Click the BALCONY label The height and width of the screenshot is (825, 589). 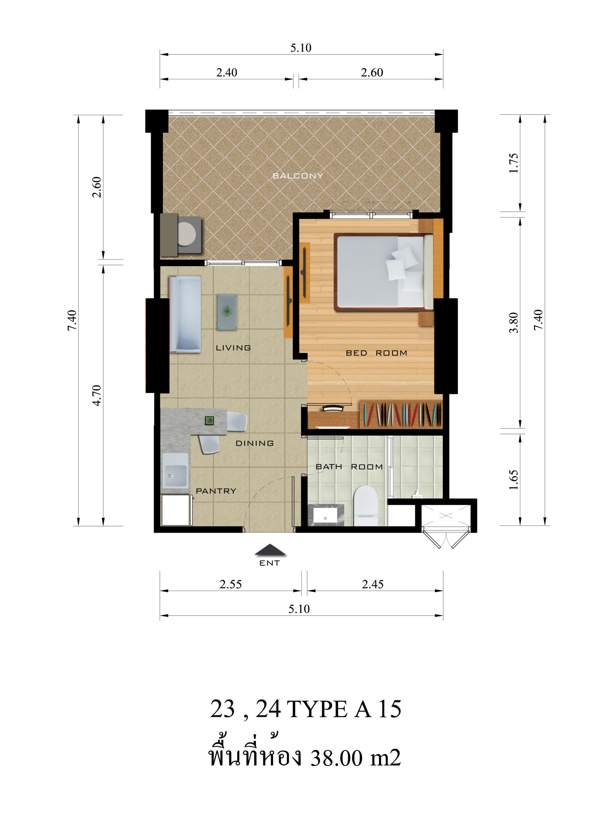(x=297, y=176)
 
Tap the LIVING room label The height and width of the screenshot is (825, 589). (x=233, y=348)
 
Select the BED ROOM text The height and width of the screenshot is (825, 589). (x=376, y=353)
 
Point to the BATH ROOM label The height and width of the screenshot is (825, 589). (x=349, y=467)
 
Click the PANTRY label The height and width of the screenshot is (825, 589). (x=216, y=491)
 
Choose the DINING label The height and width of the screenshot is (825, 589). (x=255, y=443)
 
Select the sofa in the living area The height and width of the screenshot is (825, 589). (x=185, y=314)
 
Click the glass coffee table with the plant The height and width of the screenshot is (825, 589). (x=227, y=312)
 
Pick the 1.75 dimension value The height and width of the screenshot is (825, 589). (x=514, y=163)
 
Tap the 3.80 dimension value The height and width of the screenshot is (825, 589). (x=514, y=323)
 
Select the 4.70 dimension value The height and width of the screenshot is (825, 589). (x=96, y=395)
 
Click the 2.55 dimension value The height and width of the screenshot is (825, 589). (x=231, y=584)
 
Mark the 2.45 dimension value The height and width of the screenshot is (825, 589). (x=373, y=584)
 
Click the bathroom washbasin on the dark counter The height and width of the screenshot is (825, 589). (x=325, y=517)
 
